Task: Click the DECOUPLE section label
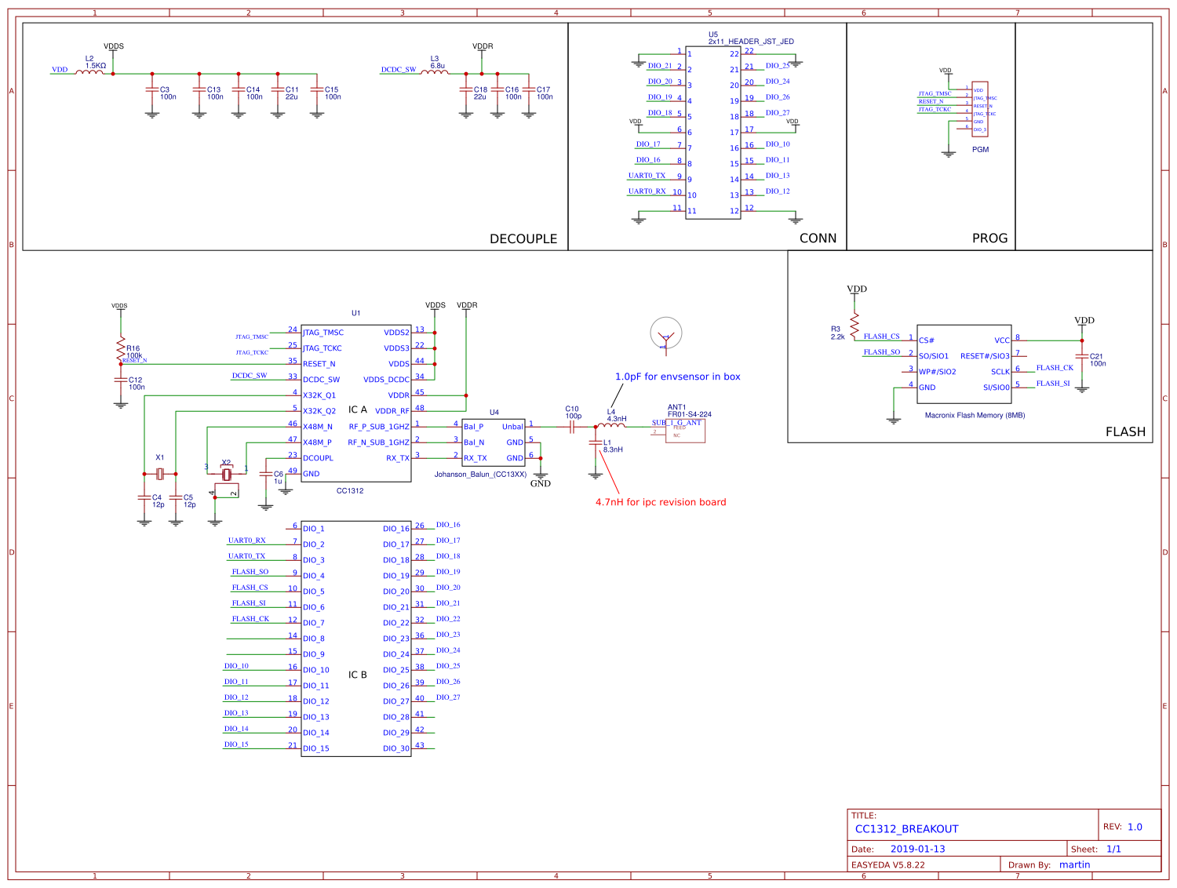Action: [x=523, y=238]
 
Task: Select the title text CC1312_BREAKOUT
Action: [x=906, y=828]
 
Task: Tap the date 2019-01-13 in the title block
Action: [x=917, y=849]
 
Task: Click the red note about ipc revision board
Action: [x=661, y=502]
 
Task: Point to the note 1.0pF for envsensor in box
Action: [x=677, y=377]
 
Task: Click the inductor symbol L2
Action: [x=93, y=73]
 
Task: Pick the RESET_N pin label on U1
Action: [x=319, y=364]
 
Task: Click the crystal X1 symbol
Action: [x=160, y=474]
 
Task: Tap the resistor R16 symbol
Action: [x=120, y=350]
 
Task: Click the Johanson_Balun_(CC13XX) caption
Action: [x=480, y=475]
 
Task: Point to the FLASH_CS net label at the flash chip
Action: [x=881, y=337]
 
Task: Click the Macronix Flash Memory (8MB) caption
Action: [x=975, y=416]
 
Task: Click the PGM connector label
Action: [x=980, y=150]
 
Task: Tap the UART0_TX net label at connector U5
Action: [x=647, y=176]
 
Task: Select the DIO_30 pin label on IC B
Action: [x=396, y=748]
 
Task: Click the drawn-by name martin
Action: [x=1074, y=864]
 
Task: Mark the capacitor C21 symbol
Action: [x=1082, y=357]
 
